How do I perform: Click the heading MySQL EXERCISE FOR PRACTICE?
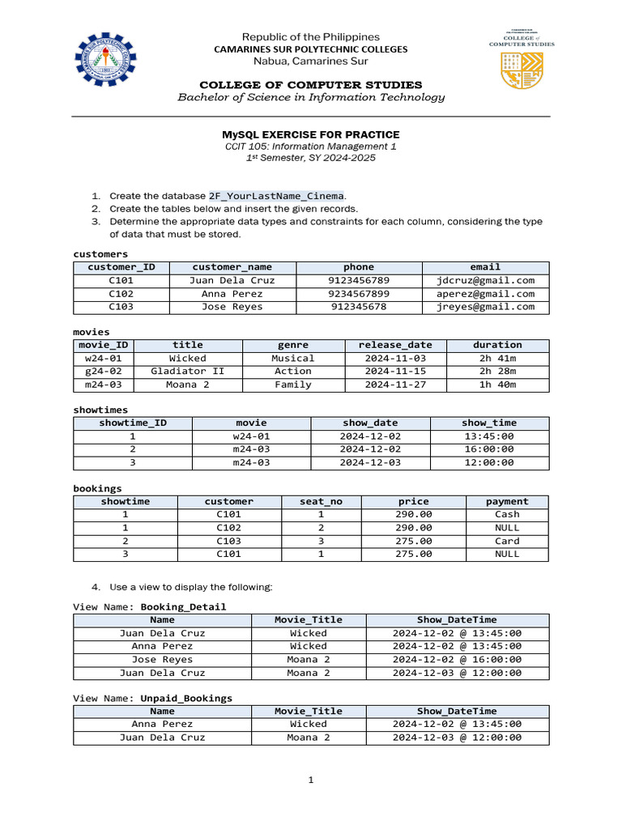pyautogui.click(x=311, y=134)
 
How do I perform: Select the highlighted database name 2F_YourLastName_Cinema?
pyautogui.click(x=277, y=196)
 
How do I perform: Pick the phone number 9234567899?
pyautogui.click(x=359, y=294)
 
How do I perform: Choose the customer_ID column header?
pyautogui.click(x=121, y=267)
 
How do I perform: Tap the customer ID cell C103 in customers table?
pyautogui.click(x=121, y=307)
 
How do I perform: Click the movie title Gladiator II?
pyautogui.click(x=188, y=372)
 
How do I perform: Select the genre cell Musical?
pyautogui.click(x=293, y=358)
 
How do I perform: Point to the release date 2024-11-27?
pyautogui.click(x=395, y=385)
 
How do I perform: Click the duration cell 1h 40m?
pyautogui.click(x=497, y=385)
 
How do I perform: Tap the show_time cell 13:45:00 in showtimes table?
pyautogui.click(x=488, y=436)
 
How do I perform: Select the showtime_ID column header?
pyautogui.click(x=133, y=423)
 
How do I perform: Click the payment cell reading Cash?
pyautogui.click(x=507, y=515)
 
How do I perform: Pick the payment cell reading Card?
pyautogui.click(x=507, y=541)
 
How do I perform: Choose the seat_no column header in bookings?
pyautogui.click(x=321, y=502)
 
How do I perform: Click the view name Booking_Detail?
pyautogui.click(x=183, y=607)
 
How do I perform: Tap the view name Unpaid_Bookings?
pyautogui.click(x=186, y=698)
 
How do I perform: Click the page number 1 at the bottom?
pyautogui.click(x=311, y=780)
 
